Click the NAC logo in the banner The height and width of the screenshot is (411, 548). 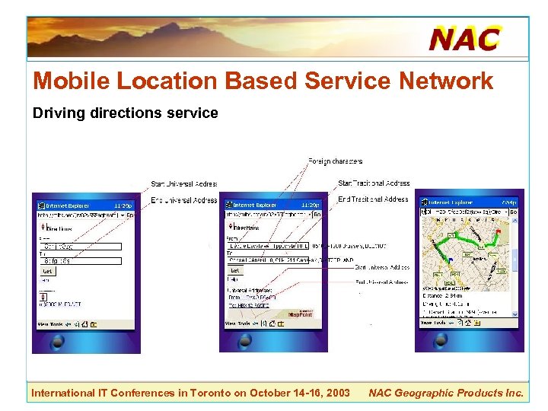click(x=464, y=38)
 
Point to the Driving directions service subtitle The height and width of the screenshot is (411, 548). click(x=125, y=113)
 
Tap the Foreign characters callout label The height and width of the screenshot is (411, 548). click(x=335, y=161)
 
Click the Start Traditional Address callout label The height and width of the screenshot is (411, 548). click(x=374, y=183)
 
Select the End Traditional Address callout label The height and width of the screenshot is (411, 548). click(x=373, y=199)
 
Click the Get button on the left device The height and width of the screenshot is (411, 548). click(x=47, y=271)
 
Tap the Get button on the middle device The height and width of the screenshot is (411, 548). click(x=235, y=270)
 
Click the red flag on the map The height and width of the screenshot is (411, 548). click(x=499, y=230)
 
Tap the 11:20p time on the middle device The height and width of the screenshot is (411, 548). click(x=310, y=205)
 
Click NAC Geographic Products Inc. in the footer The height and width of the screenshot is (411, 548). click(x=446, y=393)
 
